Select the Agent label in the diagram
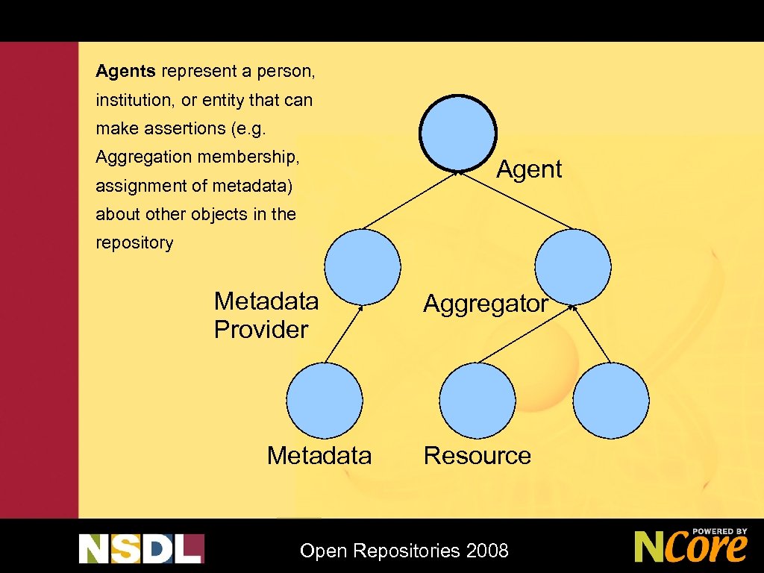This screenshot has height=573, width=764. tap(529, 169)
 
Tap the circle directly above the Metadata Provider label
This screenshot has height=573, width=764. tap(363, 266)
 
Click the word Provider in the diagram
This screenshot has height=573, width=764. tap(260, 330)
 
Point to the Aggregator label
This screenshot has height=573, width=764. tap(486, 304)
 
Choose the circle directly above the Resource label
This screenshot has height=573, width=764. tap(477, 401)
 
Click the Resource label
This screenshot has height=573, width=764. tap(477, 455)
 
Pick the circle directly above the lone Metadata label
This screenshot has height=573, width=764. tap(325, 401)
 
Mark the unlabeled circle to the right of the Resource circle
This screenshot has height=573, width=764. tap(612, 401)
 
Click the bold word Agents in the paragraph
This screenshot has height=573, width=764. tap(125, 72)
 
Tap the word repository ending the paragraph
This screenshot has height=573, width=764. tap(134, 242)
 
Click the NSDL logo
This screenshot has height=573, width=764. tap(141, 548)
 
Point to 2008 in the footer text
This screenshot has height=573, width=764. tap(486, 551)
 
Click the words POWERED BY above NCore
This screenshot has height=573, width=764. tap(718, 531)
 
